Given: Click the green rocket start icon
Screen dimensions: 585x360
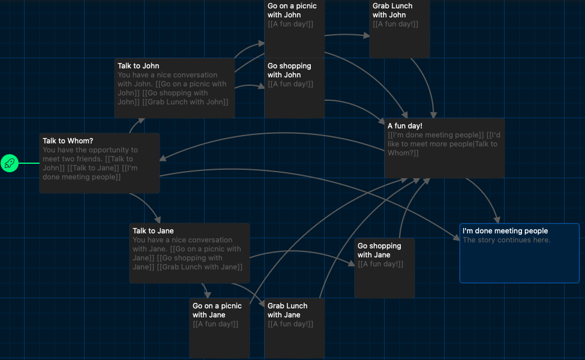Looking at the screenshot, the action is coord(10,163).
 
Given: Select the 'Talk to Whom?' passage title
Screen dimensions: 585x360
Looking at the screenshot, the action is coord(68,140).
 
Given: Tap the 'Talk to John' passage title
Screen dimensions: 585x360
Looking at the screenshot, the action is coord(138,65).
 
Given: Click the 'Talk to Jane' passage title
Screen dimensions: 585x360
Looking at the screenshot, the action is coord(153,230).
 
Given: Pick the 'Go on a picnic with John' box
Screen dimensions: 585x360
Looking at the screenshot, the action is coord(295,28).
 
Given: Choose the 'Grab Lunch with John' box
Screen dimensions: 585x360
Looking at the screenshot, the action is coord(400,28).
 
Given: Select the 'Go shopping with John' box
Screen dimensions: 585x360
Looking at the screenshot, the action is coord(295,88).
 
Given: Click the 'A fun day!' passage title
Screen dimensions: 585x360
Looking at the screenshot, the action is coord(405,126).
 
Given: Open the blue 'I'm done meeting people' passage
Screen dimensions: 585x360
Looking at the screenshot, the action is coord(520,253).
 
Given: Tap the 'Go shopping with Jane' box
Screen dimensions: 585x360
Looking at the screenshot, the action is coord(384,268).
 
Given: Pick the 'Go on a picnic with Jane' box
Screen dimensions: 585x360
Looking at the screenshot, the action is coord(220,328).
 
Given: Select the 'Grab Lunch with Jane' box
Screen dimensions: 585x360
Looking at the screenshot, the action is coord(295,328).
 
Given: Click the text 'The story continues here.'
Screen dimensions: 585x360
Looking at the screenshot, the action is coord(506,240).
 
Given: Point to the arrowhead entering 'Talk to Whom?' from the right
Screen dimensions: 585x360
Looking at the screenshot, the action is coord(163,158).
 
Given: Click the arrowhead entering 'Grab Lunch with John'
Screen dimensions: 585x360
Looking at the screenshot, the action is coord(367,35).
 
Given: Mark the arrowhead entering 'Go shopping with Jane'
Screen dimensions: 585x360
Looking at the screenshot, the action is coord(351,263).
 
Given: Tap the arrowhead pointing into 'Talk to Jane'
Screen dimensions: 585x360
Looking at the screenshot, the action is coord(158,220).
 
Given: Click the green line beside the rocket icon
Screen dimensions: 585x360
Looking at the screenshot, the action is coord(29,163).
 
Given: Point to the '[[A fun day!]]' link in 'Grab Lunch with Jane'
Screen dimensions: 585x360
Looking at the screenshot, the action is coord(290,324).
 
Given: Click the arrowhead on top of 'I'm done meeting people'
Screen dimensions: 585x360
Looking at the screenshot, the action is coord(497,220).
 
